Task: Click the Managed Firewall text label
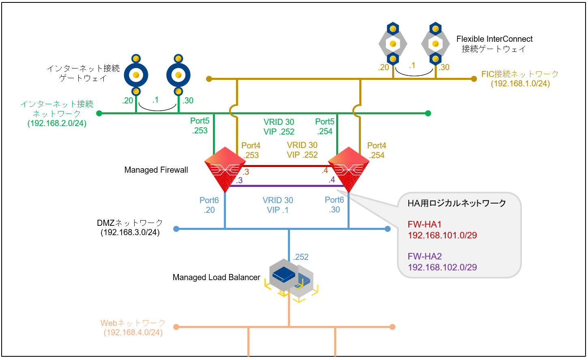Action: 156,170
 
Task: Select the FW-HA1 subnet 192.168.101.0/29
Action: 442,235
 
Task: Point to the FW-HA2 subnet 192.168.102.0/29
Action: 442,267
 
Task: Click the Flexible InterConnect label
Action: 494,39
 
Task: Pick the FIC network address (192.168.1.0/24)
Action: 520,84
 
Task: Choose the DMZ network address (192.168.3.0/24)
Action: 130,233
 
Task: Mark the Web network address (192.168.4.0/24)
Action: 133,332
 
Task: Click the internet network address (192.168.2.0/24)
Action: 57,123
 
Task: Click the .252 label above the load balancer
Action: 301,257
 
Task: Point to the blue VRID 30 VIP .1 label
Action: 278,205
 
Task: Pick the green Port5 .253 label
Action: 200,126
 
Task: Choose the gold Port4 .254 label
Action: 377,150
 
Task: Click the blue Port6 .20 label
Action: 209,205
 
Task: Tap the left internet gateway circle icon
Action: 136,75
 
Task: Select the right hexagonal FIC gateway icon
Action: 435,43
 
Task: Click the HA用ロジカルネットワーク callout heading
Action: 457,203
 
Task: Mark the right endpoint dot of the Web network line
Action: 392,327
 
